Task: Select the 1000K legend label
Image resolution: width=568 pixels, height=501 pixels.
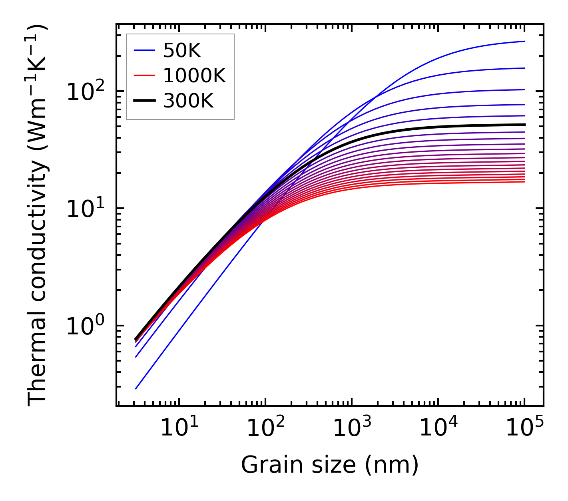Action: (x=194, y=76)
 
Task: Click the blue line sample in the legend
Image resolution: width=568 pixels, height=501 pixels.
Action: (x=144, y=50)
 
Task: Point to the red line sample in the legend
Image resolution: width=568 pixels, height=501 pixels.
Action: (x=144, y=76)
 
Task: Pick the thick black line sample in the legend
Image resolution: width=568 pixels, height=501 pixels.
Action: (x=144, y=101)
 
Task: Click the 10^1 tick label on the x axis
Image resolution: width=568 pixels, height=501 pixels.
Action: (x=179, y=428)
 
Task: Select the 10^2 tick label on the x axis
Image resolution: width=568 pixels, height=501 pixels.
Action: (x=265, y=428)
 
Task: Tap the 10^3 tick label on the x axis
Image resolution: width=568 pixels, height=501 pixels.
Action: (x=351, y=428)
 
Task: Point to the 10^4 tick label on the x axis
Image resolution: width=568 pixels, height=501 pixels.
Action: (x=438, y=428)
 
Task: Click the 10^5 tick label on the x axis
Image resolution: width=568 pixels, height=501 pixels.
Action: (x=524, y=428)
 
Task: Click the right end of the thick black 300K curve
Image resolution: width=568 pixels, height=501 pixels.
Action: (x=524, y=125)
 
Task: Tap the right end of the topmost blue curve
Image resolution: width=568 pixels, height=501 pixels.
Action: (x=524, y=41)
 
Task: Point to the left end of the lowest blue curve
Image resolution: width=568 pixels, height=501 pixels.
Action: (x=136, y=388)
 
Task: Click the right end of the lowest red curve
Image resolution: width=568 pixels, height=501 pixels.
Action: (x=524, y=182)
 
